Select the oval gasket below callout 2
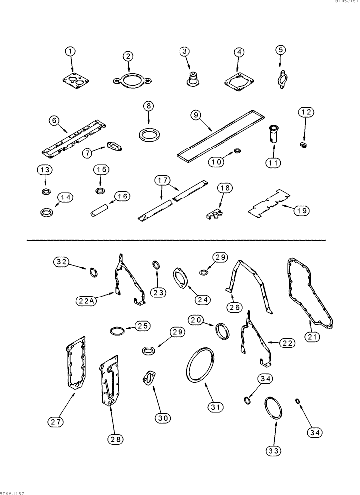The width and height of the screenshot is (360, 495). tap(130, 80)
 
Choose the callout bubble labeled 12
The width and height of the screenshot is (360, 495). tap(306, 113)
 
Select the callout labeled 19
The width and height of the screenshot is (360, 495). tap(301, 211)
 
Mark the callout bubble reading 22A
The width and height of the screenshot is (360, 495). tap(87, 300)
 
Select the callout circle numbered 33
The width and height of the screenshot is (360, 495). tap(273, 450)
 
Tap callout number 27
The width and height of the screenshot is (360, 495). tap(57, 421)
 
